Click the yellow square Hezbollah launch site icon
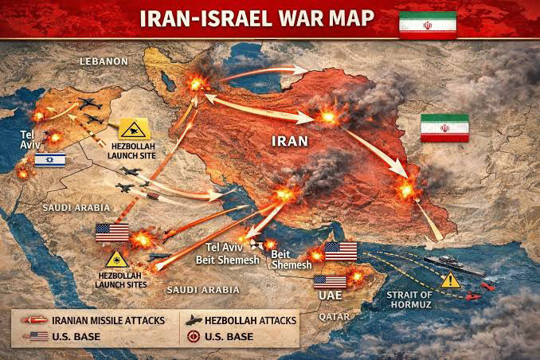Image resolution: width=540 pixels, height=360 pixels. tap(130, 128)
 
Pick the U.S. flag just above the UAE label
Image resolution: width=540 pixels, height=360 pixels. tap(331, 281)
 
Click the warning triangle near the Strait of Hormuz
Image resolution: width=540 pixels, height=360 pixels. tap(451, 280)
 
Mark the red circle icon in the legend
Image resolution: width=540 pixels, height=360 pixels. tap(194, 337)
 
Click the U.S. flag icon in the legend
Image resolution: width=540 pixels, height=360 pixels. tap(38, 337)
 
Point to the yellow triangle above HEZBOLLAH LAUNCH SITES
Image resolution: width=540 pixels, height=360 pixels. tap(119, 260)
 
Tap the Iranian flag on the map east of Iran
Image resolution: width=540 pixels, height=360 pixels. tap(444, 127)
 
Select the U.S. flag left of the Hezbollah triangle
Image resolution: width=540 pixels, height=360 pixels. tap(112, 232)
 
